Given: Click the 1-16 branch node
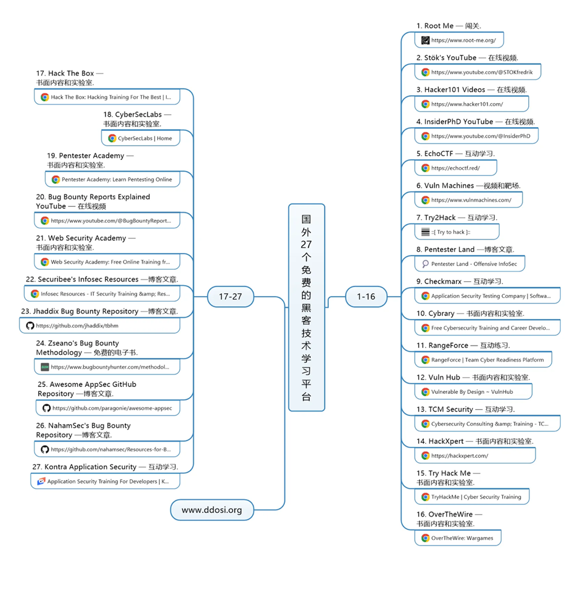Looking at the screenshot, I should click(x=366, y=296).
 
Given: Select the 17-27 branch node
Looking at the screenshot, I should click(x=230, y=296).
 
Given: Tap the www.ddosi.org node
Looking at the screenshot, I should click(x=212, y=510).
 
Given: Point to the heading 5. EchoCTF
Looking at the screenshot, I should click(x=455, y=153).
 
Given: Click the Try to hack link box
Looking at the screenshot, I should click(x=457, y=232).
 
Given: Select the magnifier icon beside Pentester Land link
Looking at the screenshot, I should click(x=425, y=264).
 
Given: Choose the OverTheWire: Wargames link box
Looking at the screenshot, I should click(x=457, y=538).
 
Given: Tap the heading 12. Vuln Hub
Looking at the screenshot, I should click(x=473, y=377).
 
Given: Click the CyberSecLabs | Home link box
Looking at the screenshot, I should click(x=141, y=138).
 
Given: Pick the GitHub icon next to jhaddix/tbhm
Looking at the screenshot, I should click(x=30, y=325).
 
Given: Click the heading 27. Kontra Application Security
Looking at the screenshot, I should click(x=105, y=467).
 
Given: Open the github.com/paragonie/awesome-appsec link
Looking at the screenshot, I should click(x=107, y=408).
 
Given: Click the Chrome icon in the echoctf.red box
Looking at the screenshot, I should click(x=425, y=168).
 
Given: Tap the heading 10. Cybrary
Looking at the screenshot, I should click(x=470, y=314).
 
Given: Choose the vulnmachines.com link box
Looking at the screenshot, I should click(x=469, y=200).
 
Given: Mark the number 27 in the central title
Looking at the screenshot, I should click(x=307, y=244).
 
